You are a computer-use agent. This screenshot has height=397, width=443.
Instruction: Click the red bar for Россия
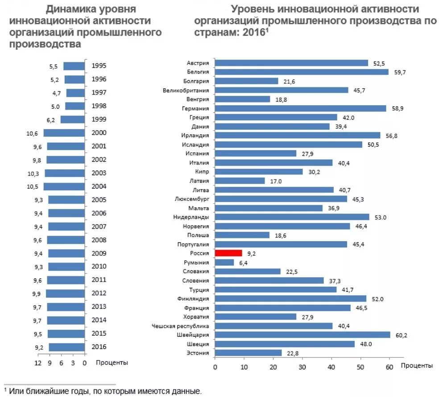228,253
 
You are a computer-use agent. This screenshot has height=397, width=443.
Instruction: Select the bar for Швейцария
302,335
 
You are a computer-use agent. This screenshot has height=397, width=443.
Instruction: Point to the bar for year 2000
64,133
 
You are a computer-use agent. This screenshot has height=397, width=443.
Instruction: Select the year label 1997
99,93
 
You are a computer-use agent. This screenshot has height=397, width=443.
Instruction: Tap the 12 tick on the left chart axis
38,363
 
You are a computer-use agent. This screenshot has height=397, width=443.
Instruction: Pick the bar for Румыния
224,262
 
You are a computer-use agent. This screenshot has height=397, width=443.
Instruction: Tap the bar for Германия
300,108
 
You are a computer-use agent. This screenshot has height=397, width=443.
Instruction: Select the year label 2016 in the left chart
99,347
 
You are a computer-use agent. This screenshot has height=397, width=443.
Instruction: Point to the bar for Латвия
240,181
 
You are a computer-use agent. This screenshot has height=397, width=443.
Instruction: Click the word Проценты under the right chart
417,366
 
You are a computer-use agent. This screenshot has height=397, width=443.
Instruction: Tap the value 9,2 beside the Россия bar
251,254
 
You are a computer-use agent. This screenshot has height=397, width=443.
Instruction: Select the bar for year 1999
72,119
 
